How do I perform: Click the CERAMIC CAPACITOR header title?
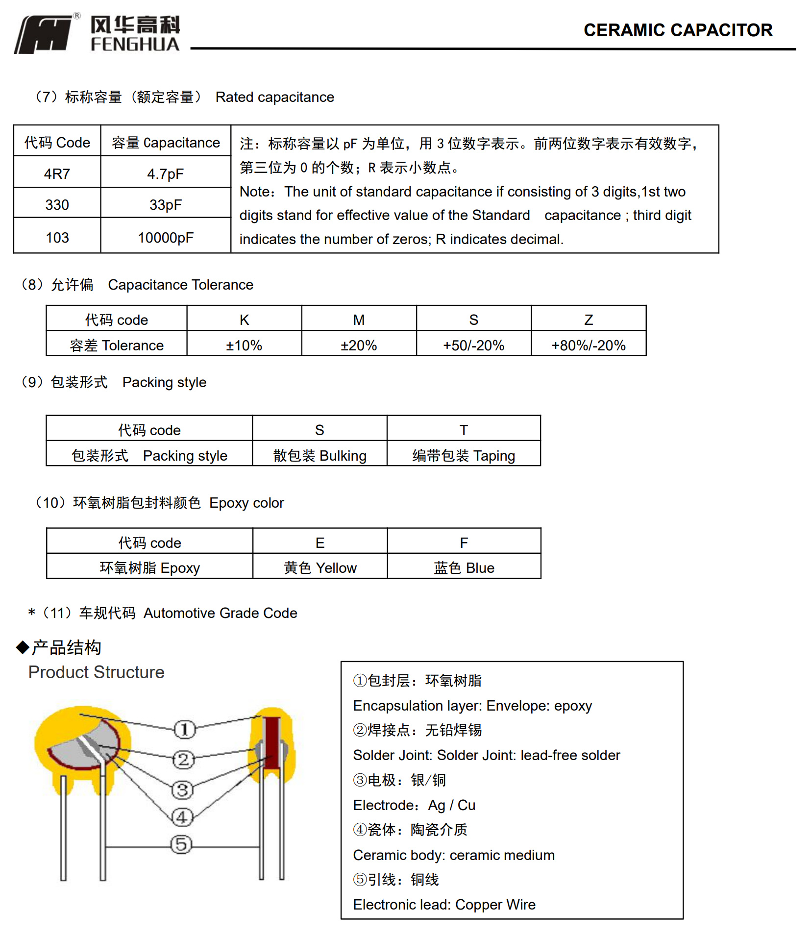click(x=678, y=30)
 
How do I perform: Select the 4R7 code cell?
click(x=57, y=174)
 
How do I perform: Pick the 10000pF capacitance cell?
click(x=166, y=238)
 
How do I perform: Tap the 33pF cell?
click(x=166, y=205)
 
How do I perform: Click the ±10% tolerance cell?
click(x=244, y=345)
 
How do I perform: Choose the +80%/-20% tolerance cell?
click(x=589, y=345)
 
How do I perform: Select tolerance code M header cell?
click(x=359, y=320)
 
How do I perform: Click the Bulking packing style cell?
click(x=319, y=456)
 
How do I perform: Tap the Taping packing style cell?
click(x=464, y=456)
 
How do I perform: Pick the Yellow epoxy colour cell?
click(x=320, y=568)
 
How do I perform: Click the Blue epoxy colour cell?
click(x=464, y=568)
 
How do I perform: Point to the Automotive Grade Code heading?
click(x=220, y=613)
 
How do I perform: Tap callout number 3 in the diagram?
click(x=183, y=790)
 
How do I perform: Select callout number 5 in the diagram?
click(x=181, y=844)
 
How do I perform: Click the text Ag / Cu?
click(x=451, y=805)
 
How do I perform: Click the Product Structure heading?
click(x=96, y=672)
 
